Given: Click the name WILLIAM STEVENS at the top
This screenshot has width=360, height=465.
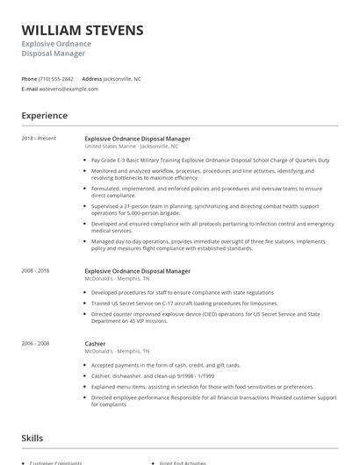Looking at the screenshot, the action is coord(83,31).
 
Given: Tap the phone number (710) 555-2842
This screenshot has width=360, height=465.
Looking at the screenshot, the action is coord(56,79).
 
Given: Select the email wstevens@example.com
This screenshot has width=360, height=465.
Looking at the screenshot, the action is coord(69,89).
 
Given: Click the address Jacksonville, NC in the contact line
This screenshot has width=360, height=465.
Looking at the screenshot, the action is coord(122,79).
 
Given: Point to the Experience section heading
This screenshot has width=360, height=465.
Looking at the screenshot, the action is coord(44,116).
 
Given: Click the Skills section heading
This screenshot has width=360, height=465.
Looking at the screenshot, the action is coord(32,436).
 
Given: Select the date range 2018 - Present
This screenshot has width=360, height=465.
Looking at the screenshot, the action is coord(39,139).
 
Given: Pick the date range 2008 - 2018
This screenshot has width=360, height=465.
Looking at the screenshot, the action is coord(36,272).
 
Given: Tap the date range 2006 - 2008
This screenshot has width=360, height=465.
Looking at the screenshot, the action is coord(36,344).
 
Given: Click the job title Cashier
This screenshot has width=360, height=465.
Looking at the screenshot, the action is coord(95,344).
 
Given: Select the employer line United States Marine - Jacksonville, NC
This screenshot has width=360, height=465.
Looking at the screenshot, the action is coord(133,147).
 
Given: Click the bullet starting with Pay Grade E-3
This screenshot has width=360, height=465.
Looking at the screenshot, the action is coord(210,161).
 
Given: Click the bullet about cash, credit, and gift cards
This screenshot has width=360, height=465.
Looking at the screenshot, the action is coord(165,364).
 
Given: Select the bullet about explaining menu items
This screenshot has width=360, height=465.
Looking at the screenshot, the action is coord(202,386).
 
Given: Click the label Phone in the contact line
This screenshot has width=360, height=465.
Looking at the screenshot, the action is coord(29,79).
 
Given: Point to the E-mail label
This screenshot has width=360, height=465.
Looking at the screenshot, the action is coord(30,89).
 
